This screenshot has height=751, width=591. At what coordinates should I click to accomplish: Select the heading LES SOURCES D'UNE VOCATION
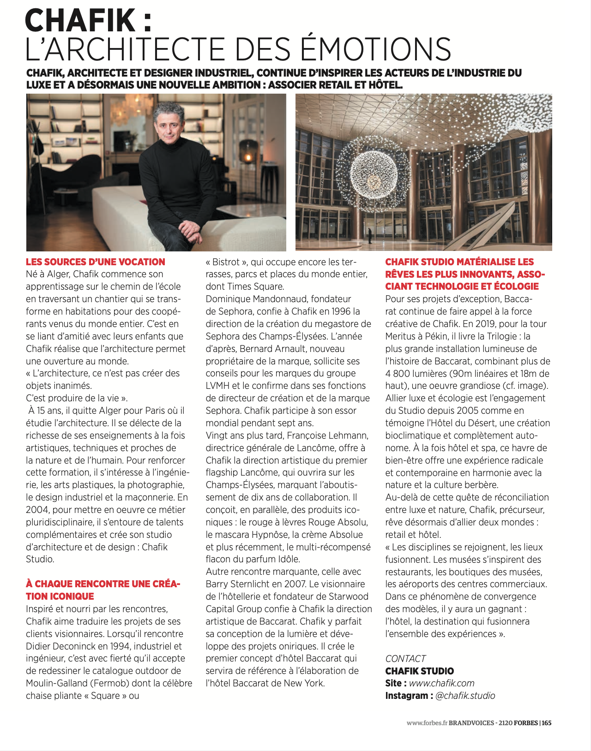click(96, 262)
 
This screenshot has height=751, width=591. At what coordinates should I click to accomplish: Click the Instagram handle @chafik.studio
click(465, 696)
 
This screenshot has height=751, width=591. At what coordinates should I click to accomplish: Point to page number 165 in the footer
click(547, 723)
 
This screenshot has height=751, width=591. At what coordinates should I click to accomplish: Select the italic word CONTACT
click(405, 658)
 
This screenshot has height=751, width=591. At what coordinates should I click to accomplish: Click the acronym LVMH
click(217, 386)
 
